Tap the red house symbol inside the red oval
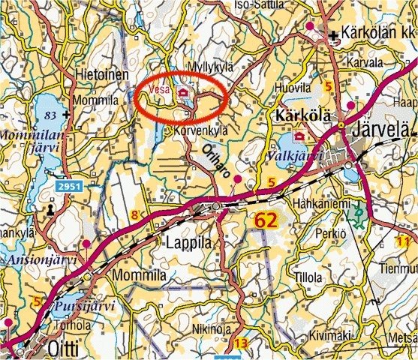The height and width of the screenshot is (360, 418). [x=182, y=91]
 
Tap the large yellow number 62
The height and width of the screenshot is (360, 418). [x=270, y=220]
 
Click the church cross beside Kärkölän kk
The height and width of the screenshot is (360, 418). [x=332, y=34]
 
